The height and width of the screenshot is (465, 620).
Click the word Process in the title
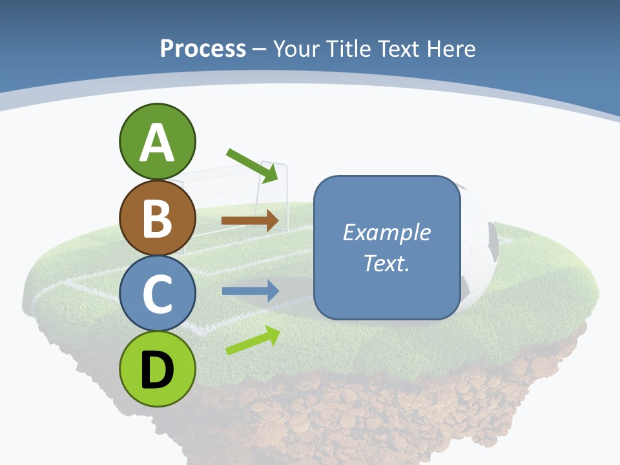point(203,48)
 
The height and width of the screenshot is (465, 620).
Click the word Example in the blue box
point(386,232)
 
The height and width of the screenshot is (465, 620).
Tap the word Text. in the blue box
point(386,263)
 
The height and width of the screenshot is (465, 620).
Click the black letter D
point(157,370)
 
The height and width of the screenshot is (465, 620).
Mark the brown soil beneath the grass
point(362,420)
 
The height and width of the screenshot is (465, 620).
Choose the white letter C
point(157,294)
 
